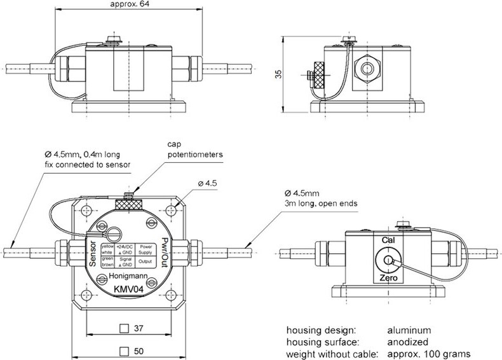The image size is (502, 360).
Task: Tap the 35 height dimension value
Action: [278, 75]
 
